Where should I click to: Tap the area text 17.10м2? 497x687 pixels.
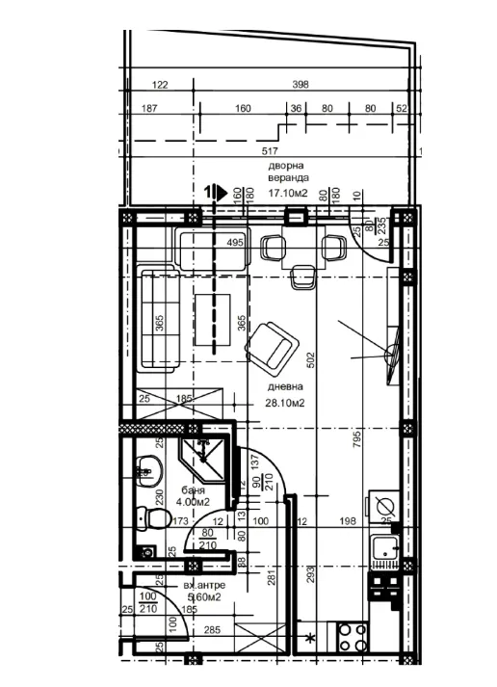tap(288, 194)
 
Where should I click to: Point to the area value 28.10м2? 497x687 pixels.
tap(286, 403)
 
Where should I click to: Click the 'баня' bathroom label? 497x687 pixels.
tap(192, 489)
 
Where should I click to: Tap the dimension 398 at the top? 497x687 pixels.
tap(300, 86)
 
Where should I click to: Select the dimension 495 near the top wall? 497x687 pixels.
tap(235, 243)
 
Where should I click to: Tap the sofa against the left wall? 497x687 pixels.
tap(160, 321)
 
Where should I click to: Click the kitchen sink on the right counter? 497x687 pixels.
tap(387, 552)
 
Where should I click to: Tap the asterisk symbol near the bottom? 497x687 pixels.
tap(310, 639)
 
